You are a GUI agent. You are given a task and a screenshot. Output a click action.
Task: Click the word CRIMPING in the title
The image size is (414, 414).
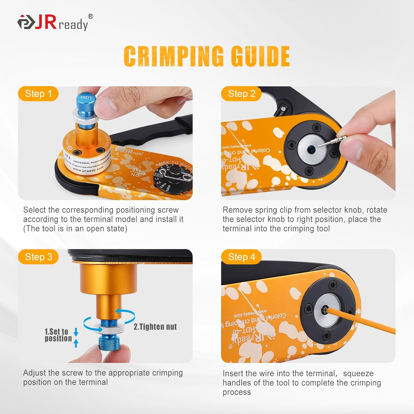click(x=174, y=56)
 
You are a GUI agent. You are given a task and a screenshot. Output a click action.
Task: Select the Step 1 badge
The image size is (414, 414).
click(x=38, y=94)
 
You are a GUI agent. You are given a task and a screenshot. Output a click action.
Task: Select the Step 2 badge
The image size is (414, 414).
click(x=242, y=94)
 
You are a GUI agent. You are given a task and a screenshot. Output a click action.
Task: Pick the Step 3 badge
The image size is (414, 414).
click(x=38, y=257)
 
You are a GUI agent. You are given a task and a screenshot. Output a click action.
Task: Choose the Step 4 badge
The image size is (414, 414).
click(x=242, y=257)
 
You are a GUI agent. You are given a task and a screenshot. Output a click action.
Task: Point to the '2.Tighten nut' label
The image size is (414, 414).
click(x=155, y=327)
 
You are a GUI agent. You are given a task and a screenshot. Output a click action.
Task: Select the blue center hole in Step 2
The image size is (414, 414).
click(x=312, y=149)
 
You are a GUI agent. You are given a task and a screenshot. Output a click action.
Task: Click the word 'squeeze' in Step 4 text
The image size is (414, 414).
click(x=358, y=373)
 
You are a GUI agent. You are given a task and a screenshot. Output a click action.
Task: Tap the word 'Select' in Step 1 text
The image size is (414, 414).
click(x=34, y=210)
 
